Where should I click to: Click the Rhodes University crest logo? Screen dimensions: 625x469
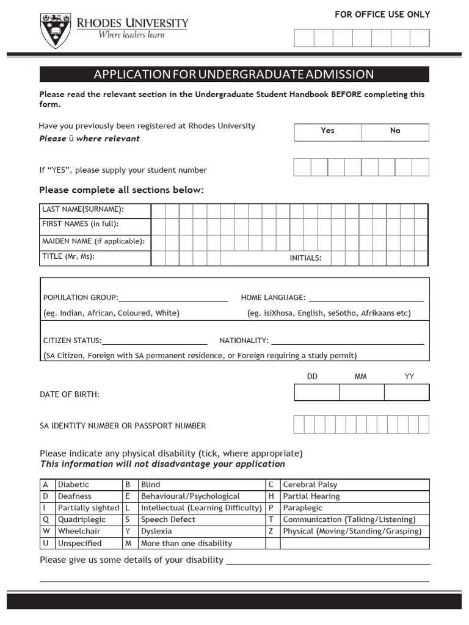coord(55,31)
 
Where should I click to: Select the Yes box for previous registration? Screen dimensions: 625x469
coord(328,131)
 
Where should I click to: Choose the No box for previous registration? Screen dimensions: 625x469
coord(395,131)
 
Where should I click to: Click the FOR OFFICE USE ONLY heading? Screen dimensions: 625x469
coord(382,15)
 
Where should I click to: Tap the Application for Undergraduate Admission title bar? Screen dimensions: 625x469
coord(234,74)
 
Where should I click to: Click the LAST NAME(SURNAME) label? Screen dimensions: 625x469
coord(83,209)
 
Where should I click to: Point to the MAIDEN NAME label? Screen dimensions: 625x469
coord(93,241)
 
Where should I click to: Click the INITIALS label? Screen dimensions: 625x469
coord(305,258)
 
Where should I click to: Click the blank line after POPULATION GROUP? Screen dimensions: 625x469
coord(173,298)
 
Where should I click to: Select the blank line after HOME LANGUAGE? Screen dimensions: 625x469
coord(366,298)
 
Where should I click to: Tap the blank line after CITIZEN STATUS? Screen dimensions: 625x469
coord(155,341)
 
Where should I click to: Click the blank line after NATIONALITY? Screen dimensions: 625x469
coord(347,341)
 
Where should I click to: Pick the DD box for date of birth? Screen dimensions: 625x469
coord(316,392)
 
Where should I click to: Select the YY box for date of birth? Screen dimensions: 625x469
coord(407,392)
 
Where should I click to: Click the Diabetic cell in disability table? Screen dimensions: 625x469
coord(73,485)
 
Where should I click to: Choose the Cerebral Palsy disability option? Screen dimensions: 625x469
coord(310,485)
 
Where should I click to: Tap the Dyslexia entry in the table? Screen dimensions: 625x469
coord(156,531)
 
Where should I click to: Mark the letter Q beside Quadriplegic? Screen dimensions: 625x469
coord(45,519)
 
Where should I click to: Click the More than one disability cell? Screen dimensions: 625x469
coord(186,543)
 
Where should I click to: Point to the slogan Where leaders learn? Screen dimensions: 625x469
coord(131,35)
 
